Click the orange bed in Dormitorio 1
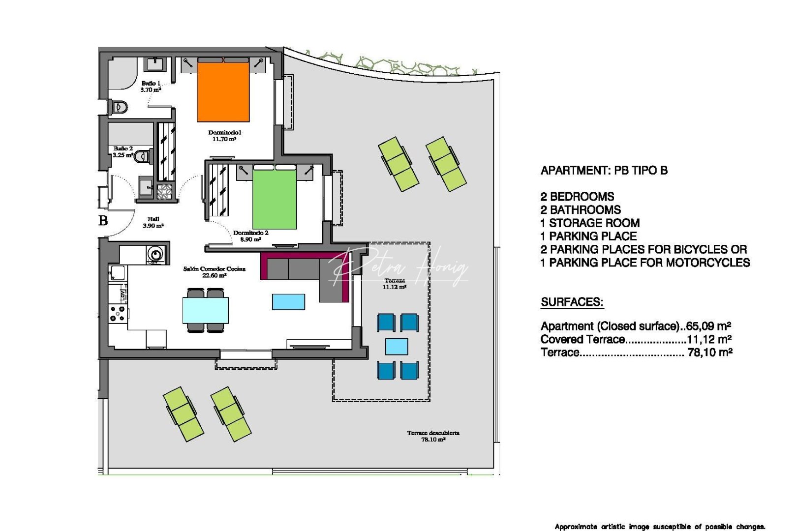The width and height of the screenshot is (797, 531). [223, 92]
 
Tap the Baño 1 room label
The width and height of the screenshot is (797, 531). [151, 87]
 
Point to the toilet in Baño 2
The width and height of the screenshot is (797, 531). [142, 156]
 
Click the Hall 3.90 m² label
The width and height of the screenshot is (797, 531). [153, 222]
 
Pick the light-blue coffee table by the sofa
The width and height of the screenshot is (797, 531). [288, 301]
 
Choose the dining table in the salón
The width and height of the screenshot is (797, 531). [205, 310]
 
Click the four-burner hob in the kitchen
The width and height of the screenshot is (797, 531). [118, 314]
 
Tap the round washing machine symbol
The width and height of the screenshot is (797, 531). [156, 254]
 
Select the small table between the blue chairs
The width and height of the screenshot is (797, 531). [397, 346]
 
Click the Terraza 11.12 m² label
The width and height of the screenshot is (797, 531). [395, 284]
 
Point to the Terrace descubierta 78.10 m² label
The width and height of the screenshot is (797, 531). [433, 436]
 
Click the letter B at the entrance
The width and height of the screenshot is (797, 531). [103, 221]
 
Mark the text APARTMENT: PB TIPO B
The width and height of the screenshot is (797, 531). [604, 171]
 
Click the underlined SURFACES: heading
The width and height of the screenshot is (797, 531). [572, 302]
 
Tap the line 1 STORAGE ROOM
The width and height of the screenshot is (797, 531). [590, 223]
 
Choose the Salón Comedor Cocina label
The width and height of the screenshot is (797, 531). [214, 272]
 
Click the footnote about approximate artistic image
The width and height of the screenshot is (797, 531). [660, 527]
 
